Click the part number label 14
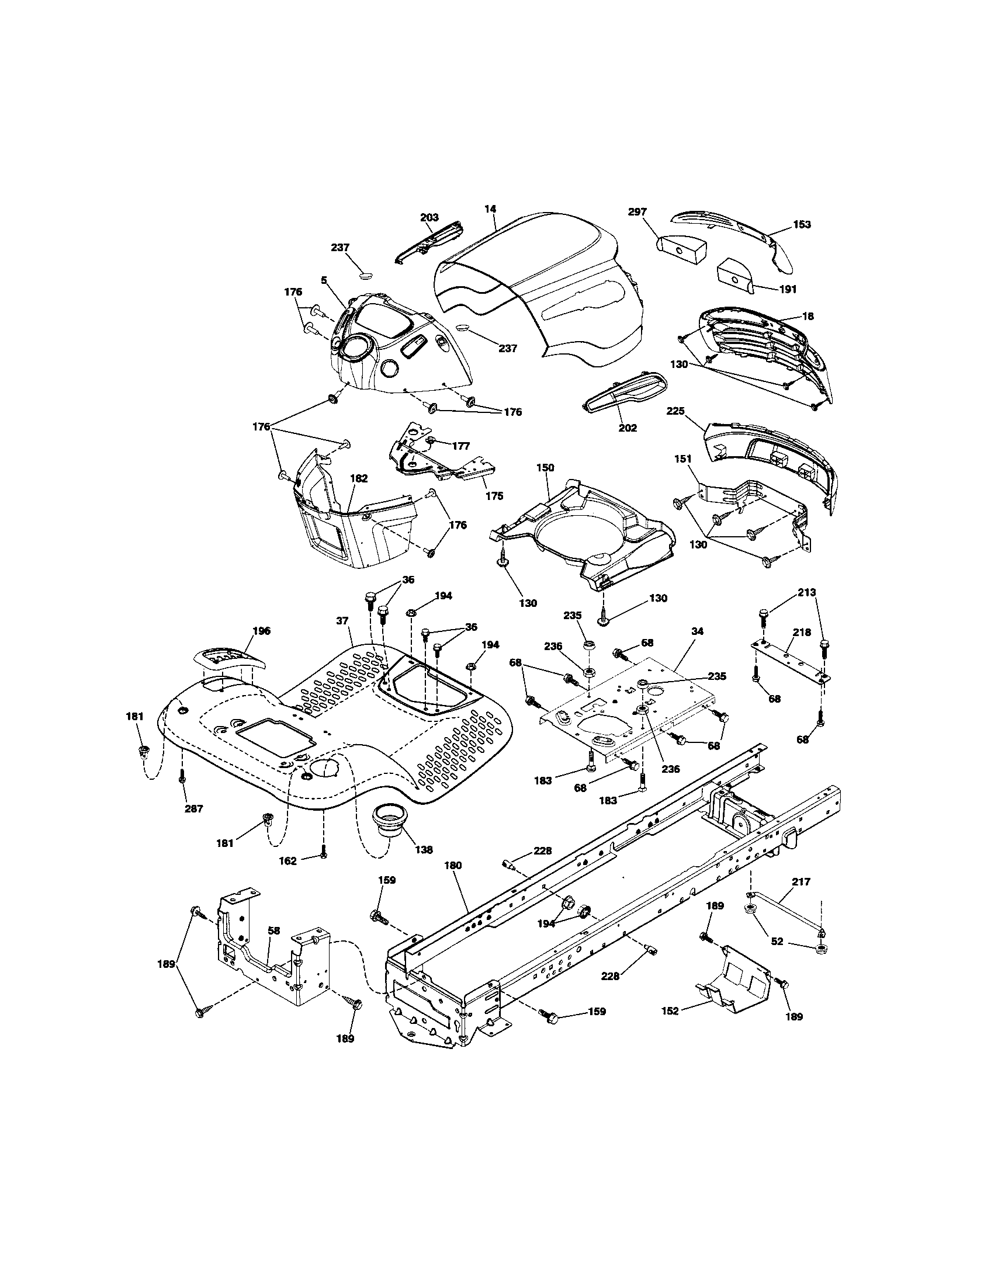(x=490, y=209)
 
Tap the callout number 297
(x=637, y=212)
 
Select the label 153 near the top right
(x=801, y=224)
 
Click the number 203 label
(x=429, y=218)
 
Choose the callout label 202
(x=628, y=428)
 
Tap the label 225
(x=675, y=411)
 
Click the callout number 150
(x=545, y=467)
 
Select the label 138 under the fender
(x=424, y=850)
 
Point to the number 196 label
(x=261, y=631)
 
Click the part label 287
(x=193, y=808)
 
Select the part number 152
(x=670, y=1011)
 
